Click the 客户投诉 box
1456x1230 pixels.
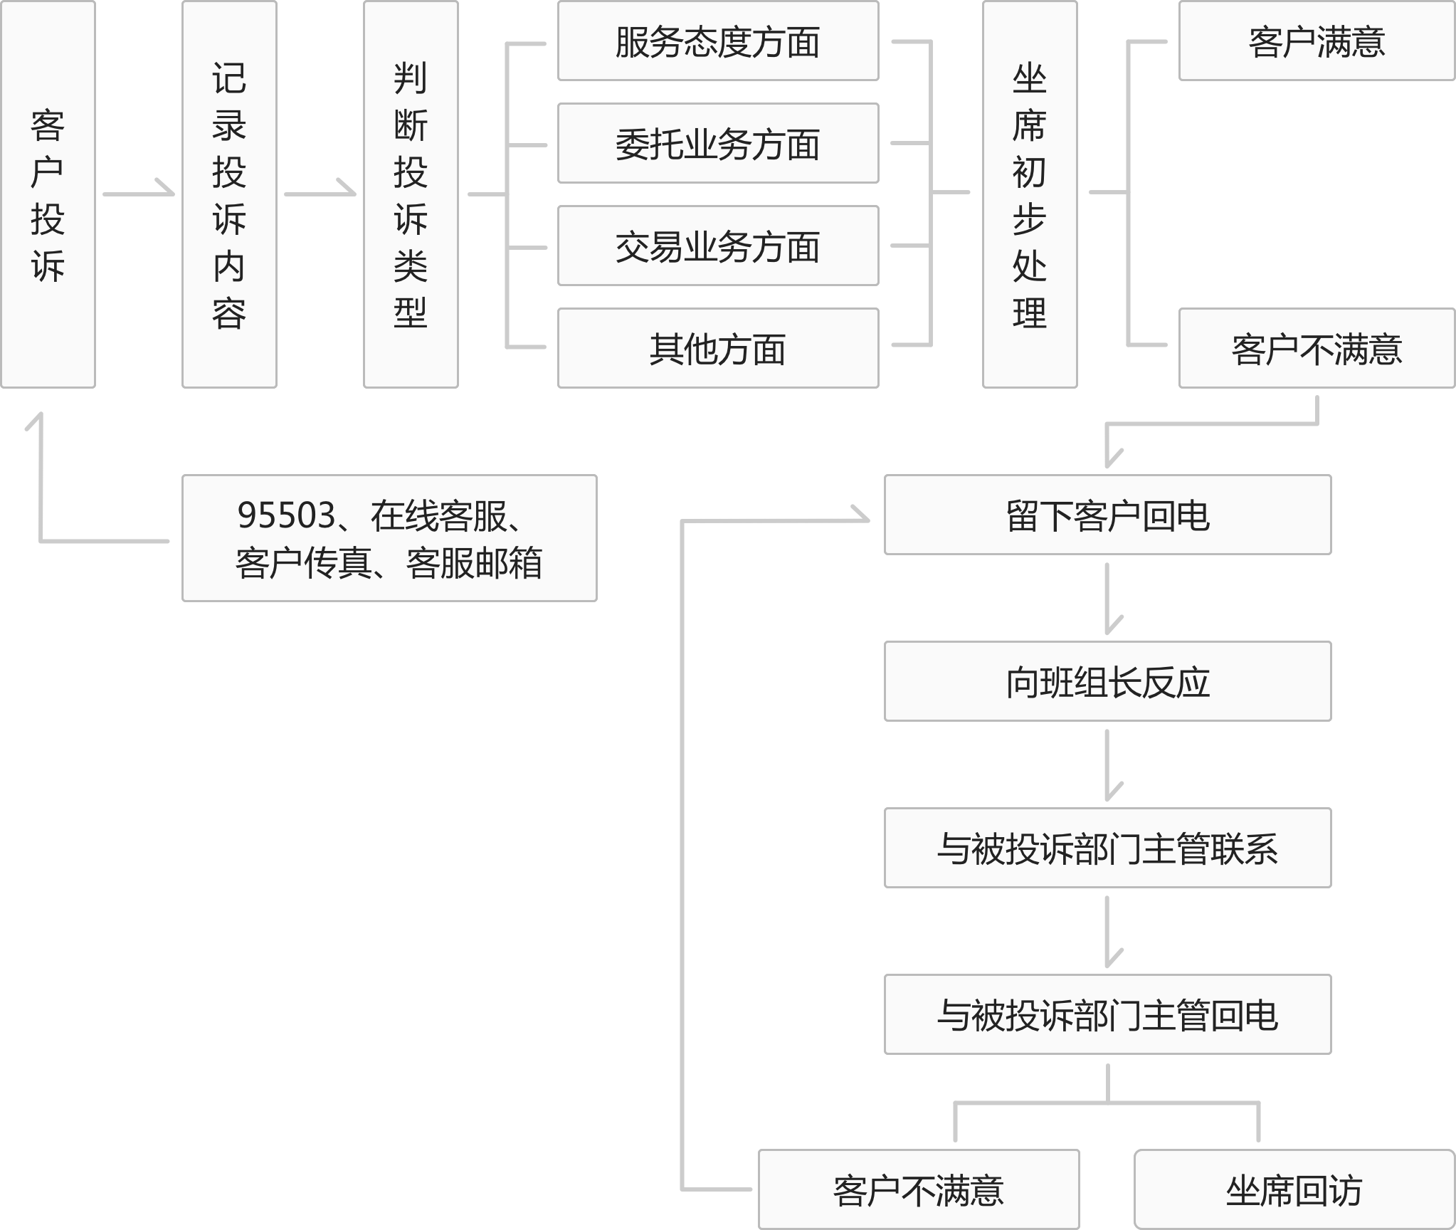pyautogui.click(x=48, y=194)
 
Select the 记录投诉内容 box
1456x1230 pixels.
pyautogui.click(x=229, y=194)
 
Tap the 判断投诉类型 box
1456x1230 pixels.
pyautogui.click(x=411, y=194)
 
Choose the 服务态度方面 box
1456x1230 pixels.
pyautogui.click(x=718, y=41)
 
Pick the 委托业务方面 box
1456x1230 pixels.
pyautogui.click(x=718, y=144)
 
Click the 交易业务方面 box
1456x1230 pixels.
pyautogui.click(x=718, y=246)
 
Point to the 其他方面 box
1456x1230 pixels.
pyautogui.click(x=718, y=349)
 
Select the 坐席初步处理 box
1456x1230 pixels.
pyautogui.click(x=1030, y=194)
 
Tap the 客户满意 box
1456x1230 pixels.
pyautogui.click(x=1317, y=41)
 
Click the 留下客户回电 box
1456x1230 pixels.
pyautogui.click(x=1107, y=515)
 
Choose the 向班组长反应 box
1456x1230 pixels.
pyautogui.click(x=1107, y=682)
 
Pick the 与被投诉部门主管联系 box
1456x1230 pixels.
pyautogui.click(x=1107, y=848)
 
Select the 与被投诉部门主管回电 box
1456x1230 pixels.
pyautogui.click(x=1107, y=1014)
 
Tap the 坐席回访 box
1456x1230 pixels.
pyautogui.click(x=1294, y=1190)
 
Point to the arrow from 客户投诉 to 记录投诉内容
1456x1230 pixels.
pyautogui.click(x=139, y=193)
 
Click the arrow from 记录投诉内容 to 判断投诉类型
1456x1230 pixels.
pyautogui.click(x=320, y=193)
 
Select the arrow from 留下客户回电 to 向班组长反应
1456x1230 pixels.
pyautogui.click(x=1108, y=598)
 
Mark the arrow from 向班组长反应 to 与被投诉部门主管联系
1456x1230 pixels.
pyautogui.click(x=1108, y=764)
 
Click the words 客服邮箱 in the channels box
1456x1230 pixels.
pyautogui.click(x=474, y=563)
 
